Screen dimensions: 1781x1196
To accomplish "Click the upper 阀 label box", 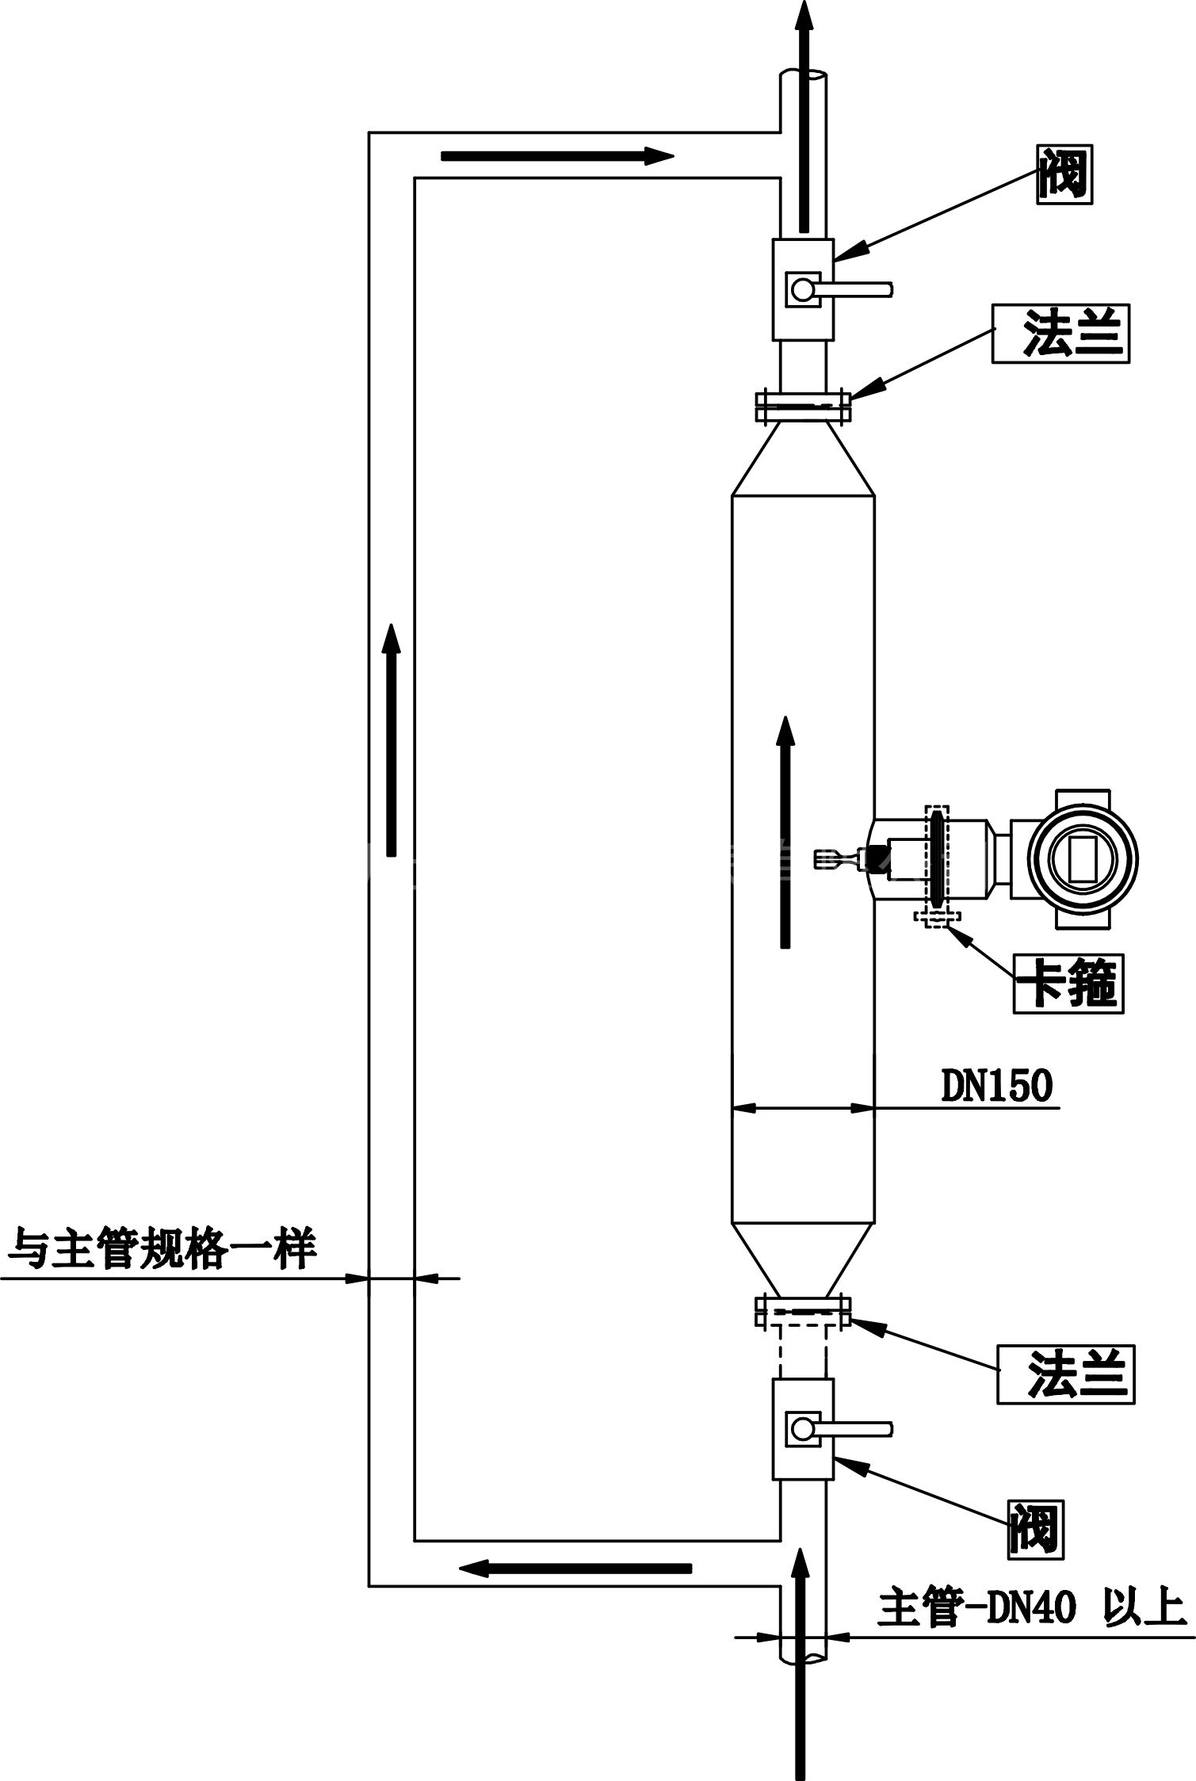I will click(x=1064, y=175).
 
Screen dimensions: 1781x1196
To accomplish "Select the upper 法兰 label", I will click(x=1060, y=334).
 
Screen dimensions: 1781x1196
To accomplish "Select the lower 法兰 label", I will click(x=1065, y=1374).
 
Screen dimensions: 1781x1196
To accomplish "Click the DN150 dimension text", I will click(x=996, y=1086).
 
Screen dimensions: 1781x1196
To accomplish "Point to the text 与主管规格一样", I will click(x=162, y=1249).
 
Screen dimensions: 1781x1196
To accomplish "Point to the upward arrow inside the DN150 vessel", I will click(x=785, y=832).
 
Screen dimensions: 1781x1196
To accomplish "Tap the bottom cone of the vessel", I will click(x=803, y=1258).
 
